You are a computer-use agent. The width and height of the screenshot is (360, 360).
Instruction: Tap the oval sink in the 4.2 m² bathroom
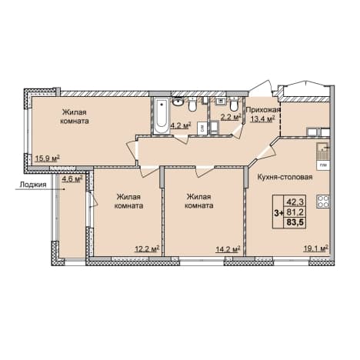pos(178,102)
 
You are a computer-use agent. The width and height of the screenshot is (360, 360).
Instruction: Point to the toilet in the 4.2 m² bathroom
pos(192,105)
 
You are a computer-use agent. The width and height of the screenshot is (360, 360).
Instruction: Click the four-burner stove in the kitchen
pos(323,202)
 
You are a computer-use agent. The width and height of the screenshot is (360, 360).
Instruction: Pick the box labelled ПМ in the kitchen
pos(323,165)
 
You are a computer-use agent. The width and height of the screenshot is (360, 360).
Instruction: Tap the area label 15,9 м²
pos(48,158)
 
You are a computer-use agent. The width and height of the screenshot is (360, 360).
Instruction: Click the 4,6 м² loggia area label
pos(72,178)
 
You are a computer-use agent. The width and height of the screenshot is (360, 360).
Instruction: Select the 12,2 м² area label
pos(147,248)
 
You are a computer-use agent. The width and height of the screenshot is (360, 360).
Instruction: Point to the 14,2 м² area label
pos(228,248)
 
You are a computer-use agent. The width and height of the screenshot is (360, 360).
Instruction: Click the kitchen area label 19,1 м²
pos(316,248)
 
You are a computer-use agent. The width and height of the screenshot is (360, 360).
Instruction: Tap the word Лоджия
pos(33,185)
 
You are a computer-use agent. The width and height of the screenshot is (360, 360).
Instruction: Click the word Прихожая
pos(263,110)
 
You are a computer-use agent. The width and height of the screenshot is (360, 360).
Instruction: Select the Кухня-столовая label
pos(285,177)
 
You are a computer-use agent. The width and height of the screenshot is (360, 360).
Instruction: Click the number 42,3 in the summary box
pos(295,202)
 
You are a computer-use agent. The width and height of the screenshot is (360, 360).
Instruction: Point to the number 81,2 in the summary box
pos(295,212)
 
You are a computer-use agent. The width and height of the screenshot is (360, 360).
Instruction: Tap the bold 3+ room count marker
pos(278,213)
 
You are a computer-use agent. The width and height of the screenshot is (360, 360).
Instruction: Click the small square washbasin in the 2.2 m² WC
pos(221,102)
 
